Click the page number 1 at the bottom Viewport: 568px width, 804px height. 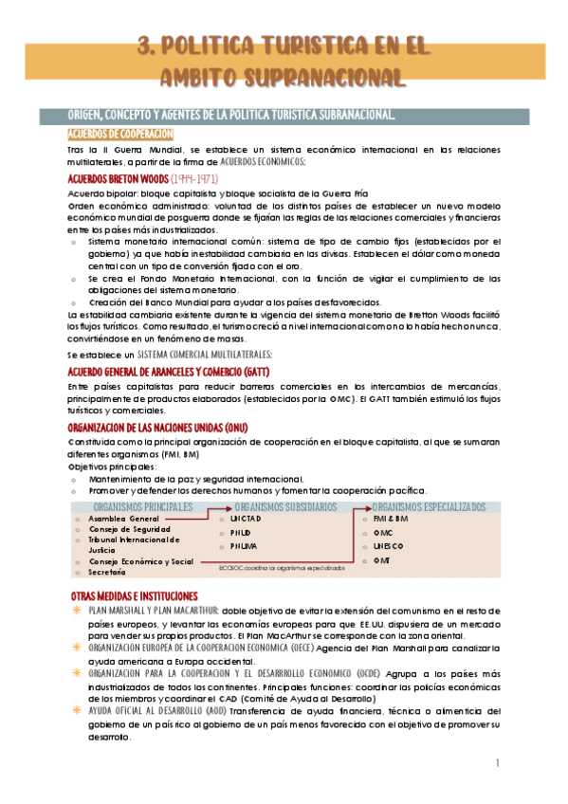pyautogui.click(x=497, y=763)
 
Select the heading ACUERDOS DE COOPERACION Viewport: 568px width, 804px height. pyautogui.click(x=119, y=135)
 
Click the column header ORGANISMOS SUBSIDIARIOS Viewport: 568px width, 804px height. pyautogui.click(x=284, y=507)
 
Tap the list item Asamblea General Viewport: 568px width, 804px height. pyautogui.click(x=123, y=520)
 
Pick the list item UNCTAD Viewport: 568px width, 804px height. pyautogui.click(x=246, y=519)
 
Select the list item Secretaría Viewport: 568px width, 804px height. pyautogui.click(x=107, y=573)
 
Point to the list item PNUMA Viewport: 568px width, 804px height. pyautogui.click(x=243, y=546)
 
